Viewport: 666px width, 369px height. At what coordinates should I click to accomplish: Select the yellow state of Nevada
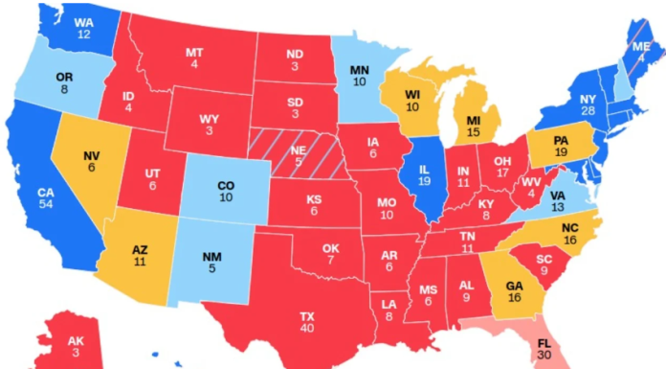[x=92, y=162]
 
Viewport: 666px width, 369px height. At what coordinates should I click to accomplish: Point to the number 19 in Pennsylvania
[x=562, y=151]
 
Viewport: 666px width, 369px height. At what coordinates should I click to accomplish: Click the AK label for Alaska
[x=76, y=341]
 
